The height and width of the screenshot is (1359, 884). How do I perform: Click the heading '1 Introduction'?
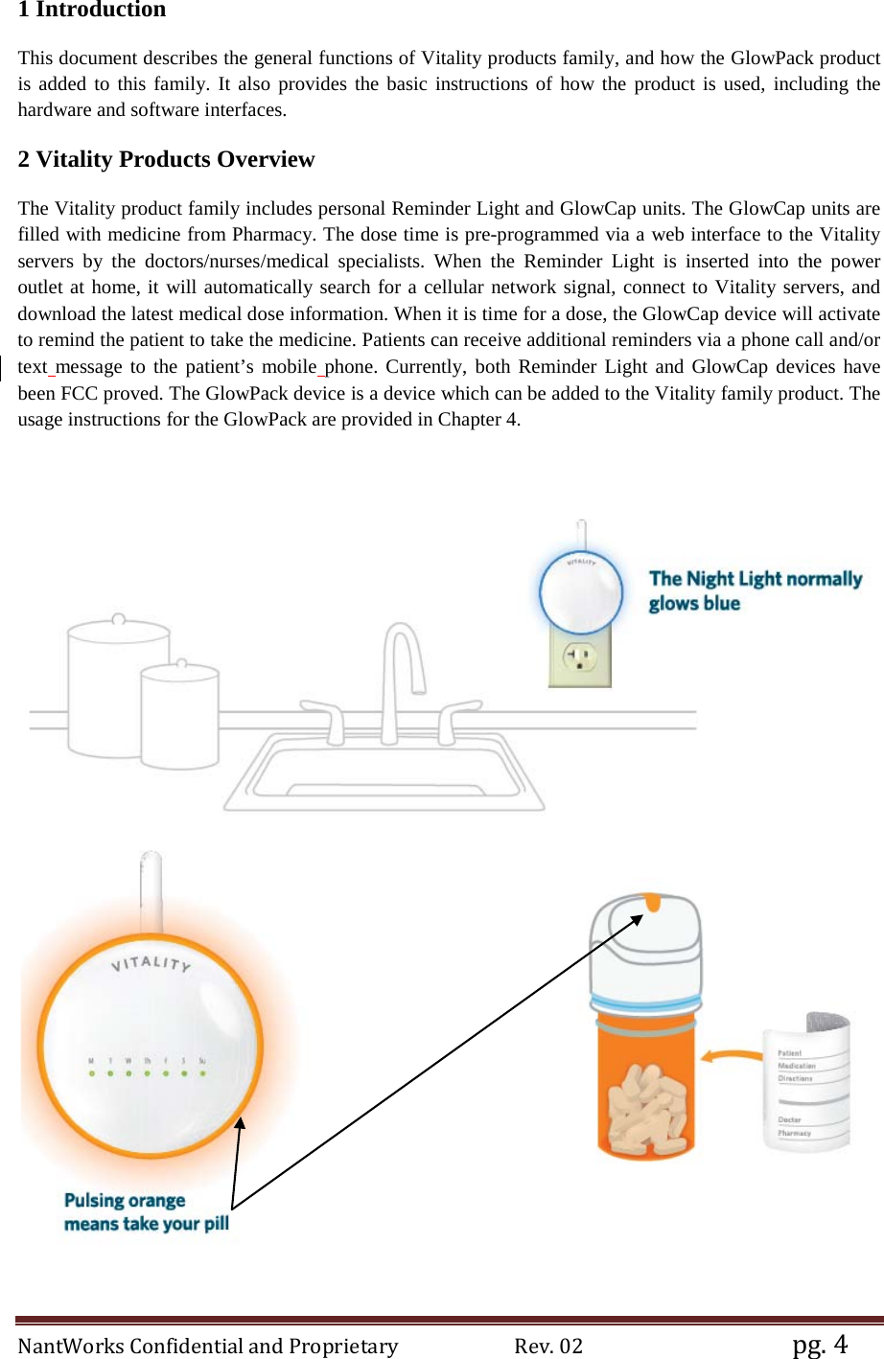click(x=92, y=11)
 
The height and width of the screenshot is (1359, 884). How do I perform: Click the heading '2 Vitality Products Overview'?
click(x=166, y=159)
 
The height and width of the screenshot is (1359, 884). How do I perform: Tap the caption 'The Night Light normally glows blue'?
click(x=755, y=590)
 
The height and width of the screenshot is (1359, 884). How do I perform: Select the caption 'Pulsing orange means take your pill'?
click(x=146, y=1212)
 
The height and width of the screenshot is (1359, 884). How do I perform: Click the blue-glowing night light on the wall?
click(x=581, y=593)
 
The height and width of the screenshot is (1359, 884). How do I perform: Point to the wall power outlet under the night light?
click(x=579, y=659)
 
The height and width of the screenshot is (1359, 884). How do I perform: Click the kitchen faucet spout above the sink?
click(x=404, y=652)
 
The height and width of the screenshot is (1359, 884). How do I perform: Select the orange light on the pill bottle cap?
click(x=652, y=902)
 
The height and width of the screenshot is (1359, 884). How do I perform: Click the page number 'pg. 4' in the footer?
click(x=820, y=1344)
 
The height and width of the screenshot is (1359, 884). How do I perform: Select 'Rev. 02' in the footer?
click(x=548, y=1346)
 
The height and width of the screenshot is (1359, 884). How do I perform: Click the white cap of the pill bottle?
click(x=644, y=949)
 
